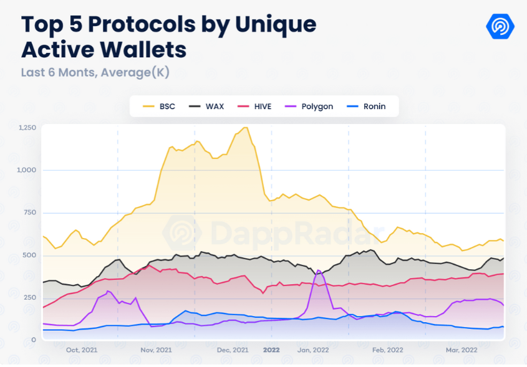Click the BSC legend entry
click(x=159, y=107)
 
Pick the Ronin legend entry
click(x=367, y=107)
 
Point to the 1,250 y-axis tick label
click(x=27, y=127)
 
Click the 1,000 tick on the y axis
click(x=27, y=170)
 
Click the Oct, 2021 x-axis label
click(x=81, y=350)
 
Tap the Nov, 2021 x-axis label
click(x=156, y=350)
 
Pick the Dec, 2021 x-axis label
click(x=233, y=350)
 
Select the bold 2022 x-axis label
click(x=271, y=350)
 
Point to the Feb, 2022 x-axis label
click(x=387, y=350)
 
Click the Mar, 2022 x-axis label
click(x=461, y=350)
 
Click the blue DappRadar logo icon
click(x=500, y=26)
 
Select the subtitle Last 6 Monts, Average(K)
click(x=95, y=72)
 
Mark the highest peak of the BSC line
click(x=245, y=128)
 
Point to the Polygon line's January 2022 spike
click(x=319, y=270)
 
